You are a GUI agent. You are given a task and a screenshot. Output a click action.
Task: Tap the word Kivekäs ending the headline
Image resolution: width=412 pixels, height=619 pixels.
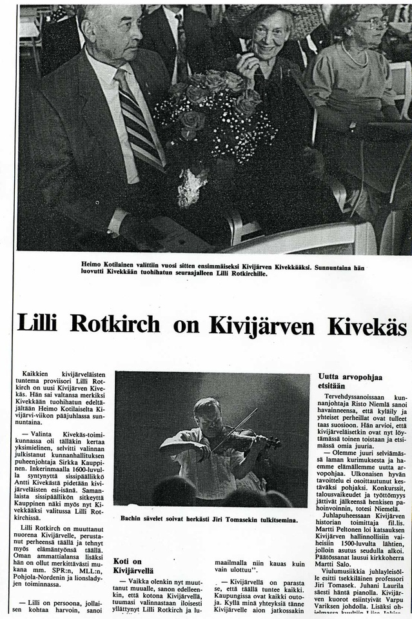367,325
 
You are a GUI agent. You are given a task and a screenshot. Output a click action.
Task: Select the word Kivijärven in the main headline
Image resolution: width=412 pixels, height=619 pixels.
262,325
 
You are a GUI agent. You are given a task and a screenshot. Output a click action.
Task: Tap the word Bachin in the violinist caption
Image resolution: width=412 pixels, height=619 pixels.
133,518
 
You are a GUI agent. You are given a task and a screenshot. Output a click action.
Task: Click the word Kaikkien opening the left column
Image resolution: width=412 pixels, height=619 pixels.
37,374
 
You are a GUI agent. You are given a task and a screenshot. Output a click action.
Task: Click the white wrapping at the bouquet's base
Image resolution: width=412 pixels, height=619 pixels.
191,187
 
